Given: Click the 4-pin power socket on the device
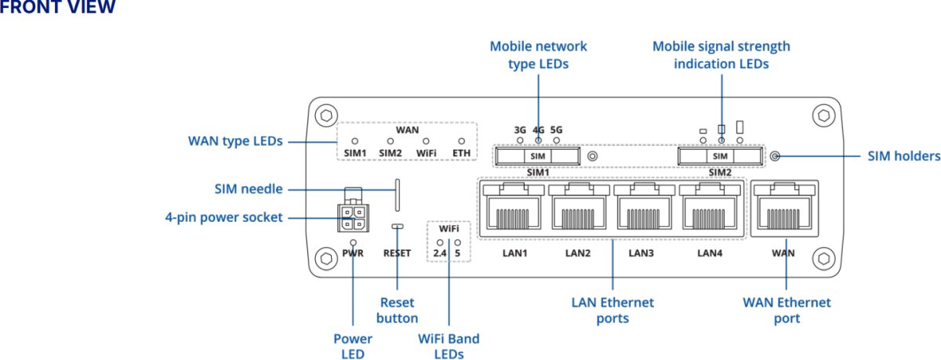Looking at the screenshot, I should (x=351, y=216).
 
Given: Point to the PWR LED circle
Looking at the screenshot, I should (x=354, y=243).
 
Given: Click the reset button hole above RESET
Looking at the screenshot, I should (x=398, y=226).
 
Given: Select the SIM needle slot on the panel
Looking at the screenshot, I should (x=398, y=195).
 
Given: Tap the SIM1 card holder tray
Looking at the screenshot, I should (x=538, y=157).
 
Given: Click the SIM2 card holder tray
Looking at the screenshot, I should (x=721, y=157).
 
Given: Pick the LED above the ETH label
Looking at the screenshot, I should (x=462, y=141).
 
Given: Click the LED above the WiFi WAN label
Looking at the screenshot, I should (x=425, y=141).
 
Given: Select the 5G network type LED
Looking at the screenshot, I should (x=557, y=141).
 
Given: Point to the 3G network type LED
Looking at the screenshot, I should (x=520, y=141).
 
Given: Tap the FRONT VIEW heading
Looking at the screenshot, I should (x=58, y=8).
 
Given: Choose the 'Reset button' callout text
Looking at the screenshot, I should (x=398, y=310).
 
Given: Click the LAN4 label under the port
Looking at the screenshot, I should (x=709, y=253).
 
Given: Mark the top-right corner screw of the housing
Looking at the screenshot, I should (x=822, y=115).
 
